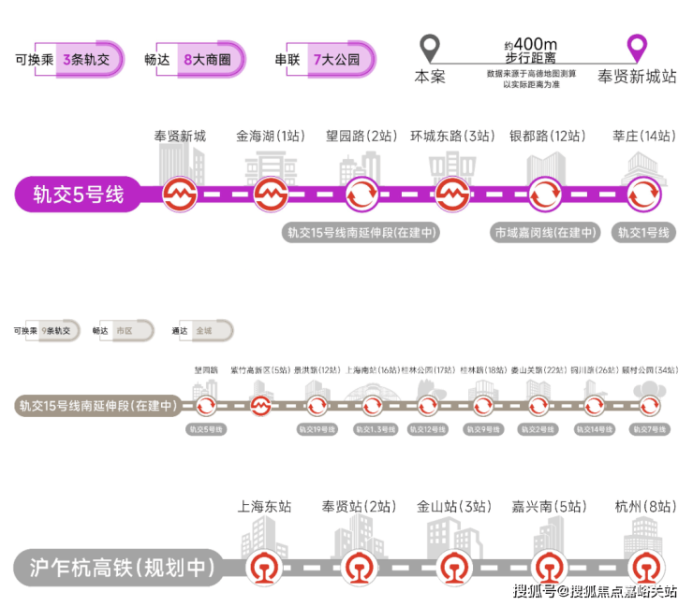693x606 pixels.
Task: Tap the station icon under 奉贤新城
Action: click(179, 195)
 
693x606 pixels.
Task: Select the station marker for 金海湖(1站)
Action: click(270, 195)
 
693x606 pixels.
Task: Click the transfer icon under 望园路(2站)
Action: click(361, 195)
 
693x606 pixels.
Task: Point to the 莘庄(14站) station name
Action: click(642, 137)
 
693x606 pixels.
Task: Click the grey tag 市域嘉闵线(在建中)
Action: click(545, 233)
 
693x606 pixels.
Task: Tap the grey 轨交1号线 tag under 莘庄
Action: click(642, 233)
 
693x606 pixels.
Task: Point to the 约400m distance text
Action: click(530, 44)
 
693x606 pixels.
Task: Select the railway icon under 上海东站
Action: click(262, 567)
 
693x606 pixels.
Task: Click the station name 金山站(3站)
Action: click(454, 507)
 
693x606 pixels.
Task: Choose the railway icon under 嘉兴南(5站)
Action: click(549, 567)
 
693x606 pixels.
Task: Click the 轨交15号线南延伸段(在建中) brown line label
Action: click(96, 406)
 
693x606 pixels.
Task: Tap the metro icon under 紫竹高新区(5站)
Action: click(261, 406)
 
